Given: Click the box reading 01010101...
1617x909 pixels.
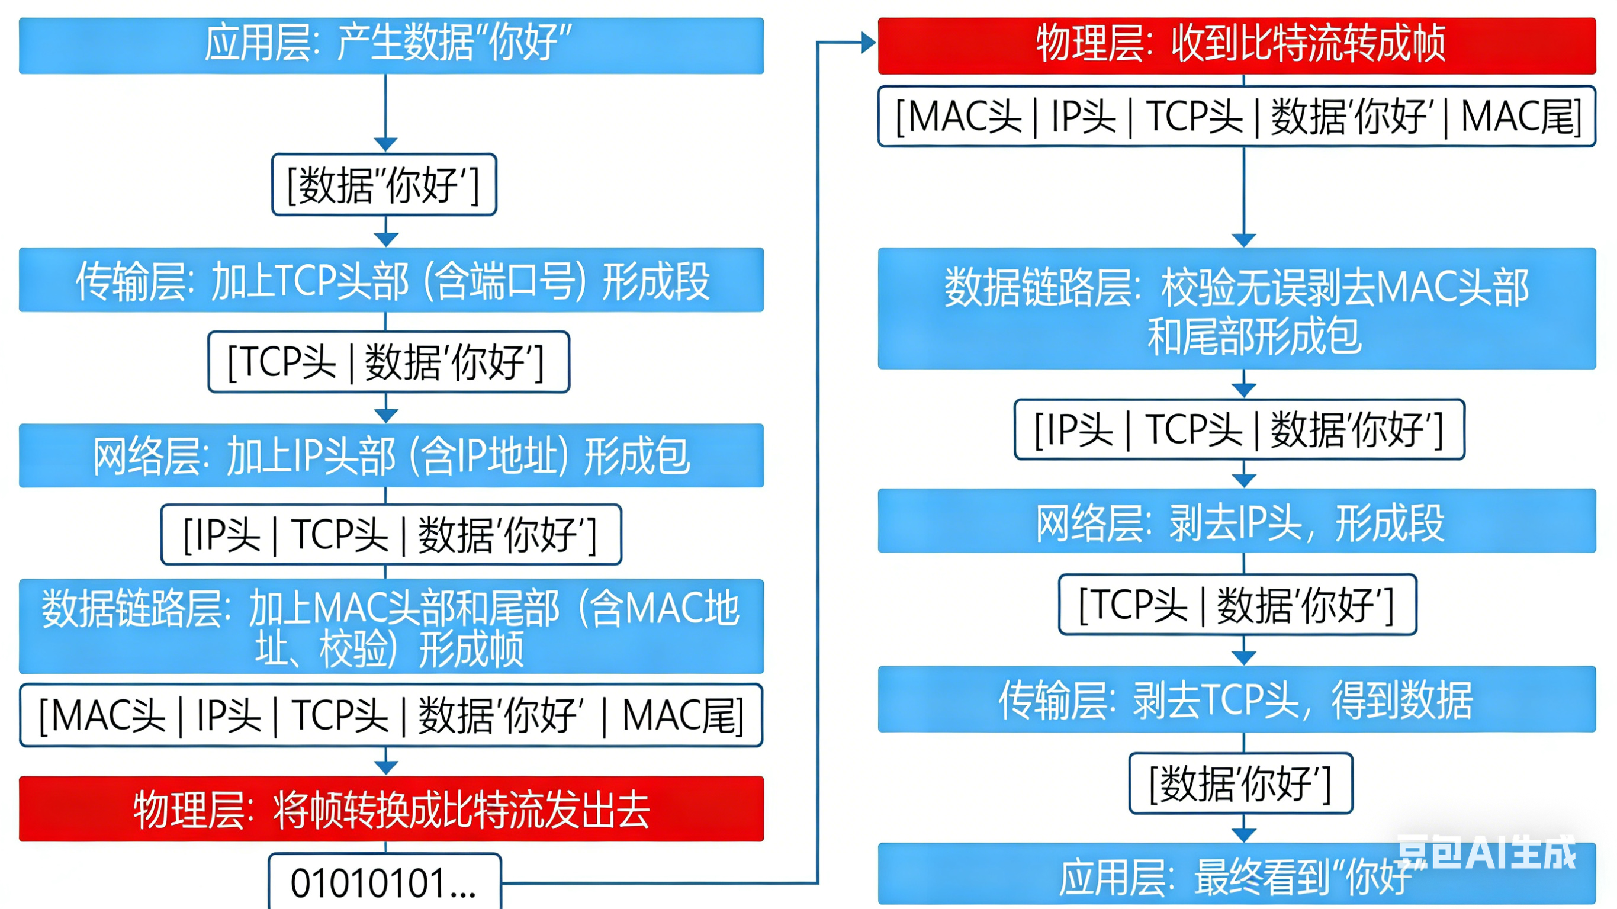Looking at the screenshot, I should pyautogui.click(x=384, y=882).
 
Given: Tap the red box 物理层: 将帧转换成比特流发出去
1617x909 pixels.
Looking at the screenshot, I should pyautogui.click(x=391, y=808).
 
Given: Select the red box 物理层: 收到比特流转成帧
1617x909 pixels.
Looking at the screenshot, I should pyautogui.click(x=1237, y=45).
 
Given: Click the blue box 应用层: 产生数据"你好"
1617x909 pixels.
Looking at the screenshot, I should pyautogui.click(x=391, y=45).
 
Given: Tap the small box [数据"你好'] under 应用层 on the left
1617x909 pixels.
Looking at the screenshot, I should pyautogui.click(x=384, y=185).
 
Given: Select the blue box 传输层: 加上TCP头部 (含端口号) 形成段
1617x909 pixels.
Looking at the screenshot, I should pyautogui.click(x=391, y=280).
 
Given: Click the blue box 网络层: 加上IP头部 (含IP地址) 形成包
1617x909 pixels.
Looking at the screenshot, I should pyautogui.click(x=391, y=456).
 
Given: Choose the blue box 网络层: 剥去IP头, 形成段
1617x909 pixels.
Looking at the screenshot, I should pyautogui.click(x=1237, y=521).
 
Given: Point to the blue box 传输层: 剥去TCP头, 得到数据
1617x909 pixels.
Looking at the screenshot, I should pyautogui.click(x=1237, y=699).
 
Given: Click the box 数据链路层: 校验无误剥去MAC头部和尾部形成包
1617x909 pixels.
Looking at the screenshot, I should pyautogui.click(x=1237, y=309).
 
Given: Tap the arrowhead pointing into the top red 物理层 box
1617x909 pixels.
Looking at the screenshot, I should pyautogui.click(x=869, y=43).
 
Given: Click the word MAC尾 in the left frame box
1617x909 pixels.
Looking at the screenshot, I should pyautogui.click(x=681, y=715).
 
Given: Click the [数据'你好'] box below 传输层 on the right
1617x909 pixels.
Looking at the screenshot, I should pyautogui.click(x=1240, y=783).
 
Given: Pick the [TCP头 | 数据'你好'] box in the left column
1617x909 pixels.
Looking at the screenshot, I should pyautogui.click(x=388, y=362).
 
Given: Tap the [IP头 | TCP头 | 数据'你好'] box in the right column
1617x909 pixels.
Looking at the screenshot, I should pyautogui.click(x=1239, y=430).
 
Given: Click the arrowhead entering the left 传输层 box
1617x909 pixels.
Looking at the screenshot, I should pyautogui.click(x=386, y=240).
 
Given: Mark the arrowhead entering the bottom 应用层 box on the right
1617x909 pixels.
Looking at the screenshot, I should pyautogui.click(x=1243, y=836).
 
